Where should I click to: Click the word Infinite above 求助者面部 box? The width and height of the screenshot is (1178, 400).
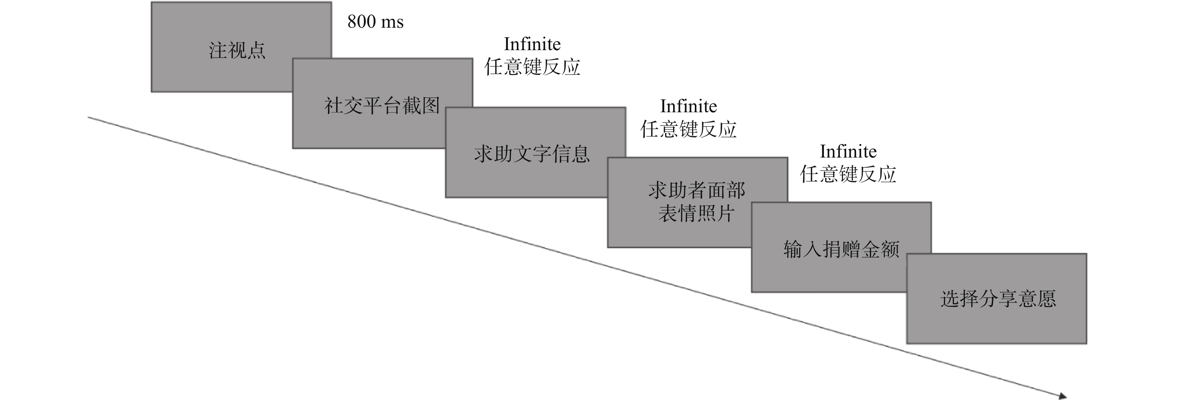tap(688, 106)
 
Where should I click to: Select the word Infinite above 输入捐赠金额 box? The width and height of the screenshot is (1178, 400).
tap(848, 152)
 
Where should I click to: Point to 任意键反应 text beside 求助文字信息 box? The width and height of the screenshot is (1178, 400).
tap(688, 129)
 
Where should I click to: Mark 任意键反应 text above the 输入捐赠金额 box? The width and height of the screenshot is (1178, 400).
tap(848, 174)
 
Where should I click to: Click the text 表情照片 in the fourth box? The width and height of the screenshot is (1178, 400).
tap(696, 213)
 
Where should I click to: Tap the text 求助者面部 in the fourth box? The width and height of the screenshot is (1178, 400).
tap(696, 190)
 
